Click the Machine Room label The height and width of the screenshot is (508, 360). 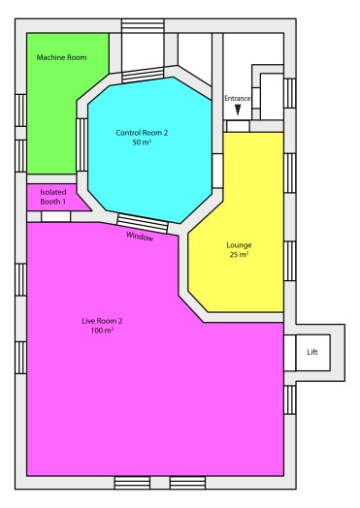point(62,58)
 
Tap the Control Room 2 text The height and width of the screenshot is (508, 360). point(148,132)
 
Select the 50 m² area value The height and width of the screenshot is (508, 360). point(148,143)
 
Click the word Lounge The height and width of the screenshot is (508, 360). point(239,245)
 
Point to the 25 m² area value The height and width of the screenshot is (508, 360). point(239,256)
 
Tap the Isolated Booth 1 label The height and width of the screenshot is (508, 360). point(52,198)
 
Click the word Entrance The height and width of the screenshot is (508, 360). point(238,98)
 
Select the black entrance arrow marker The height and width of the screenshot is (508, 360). point(238,111)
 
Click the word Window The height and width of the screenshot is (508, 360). point(140,236)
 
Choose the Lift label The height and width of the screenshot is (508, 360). point(312,351)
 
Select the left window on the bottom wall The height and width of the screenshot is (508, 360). point(132,482)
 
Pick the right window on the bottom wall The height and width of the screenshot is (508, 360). point(186,482)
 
